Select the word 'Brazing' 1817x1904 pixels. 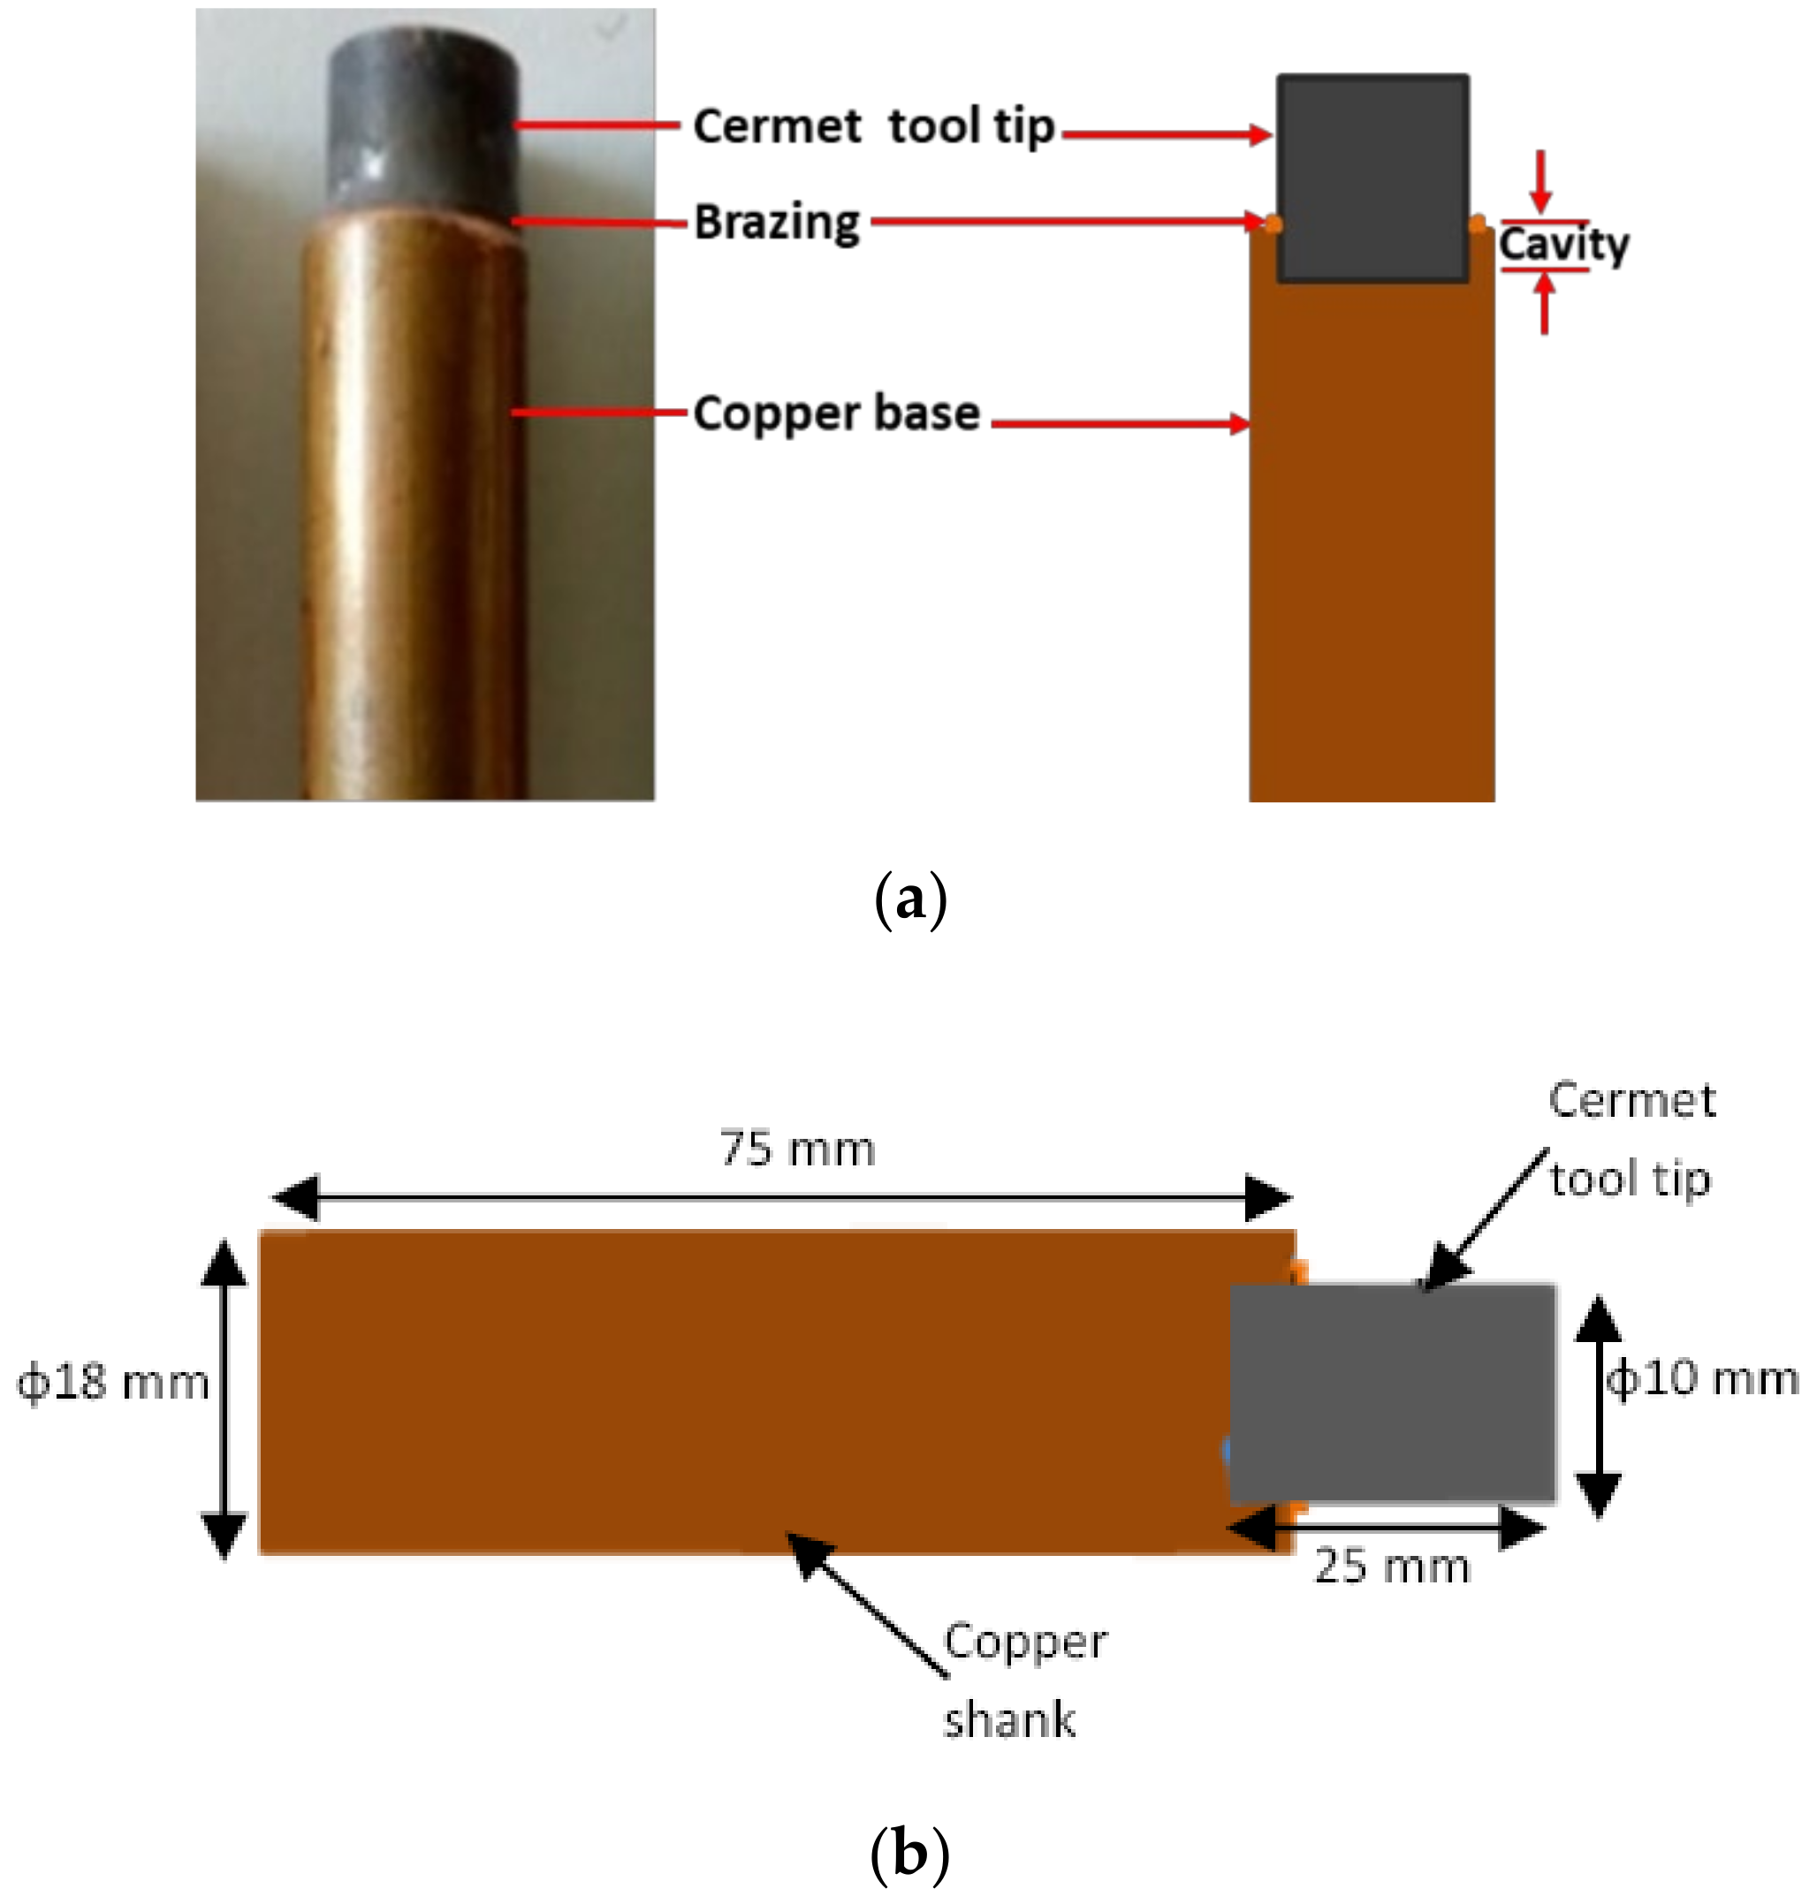pos(777,223)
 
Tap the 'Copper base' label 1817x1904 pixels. pos(837,413)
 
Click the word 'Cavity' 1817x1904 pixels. pos(1563,245)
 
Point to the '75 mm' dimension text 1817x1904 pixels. pos(797,1149)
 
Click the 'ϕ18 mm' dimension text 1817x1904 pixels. pos(113,1382)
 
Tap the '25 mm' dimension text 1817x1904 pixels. pos(1392,1566)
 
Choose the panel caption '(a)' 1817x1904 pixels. pos(909,900)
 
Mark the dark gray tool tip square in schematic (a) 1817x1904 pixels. pos(1372,178)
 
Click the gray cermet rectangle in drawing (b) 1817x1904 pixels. pos(1393,1393)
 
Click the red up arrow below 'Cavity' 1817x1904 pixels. pos(1545,302)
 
